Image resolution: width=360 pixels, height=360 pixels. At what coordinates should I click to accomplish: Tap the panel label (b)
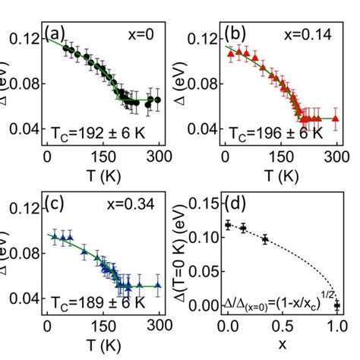(x=236, y=35)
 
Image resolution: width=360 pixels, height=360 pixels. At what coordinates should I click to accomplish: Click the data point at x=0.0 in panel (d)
(x=227, y=225)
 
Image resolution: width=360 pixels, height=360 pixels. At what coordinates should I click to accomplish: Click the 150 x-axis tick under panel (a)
(x=103, y=156)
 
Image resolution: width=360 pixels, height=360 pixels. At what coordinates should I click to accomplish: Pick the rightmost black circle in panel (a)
(x=157, y=99)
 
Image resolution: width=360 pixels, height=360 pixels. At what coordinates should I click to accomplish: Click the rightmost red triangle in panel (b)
(x=335, y=118)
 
